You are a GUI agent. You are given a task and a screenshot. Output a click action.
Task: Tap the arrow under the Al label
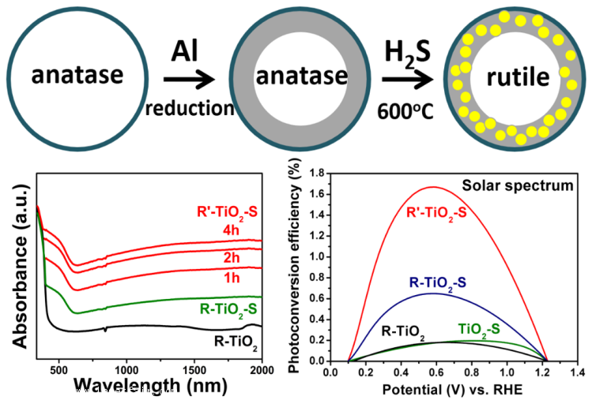coord(189,79)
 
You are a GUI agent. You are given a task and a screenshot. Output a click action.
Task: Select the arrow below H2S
coord(408,79)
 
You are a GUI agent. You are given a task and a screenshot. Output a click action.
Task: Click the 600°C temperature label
coord(409,110)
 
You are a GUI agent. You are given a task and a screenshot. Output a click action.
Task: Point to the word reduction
coord(190,109)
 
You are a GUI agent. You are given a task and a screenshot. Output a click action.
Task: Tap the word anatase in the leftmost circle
coord(77,77)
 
